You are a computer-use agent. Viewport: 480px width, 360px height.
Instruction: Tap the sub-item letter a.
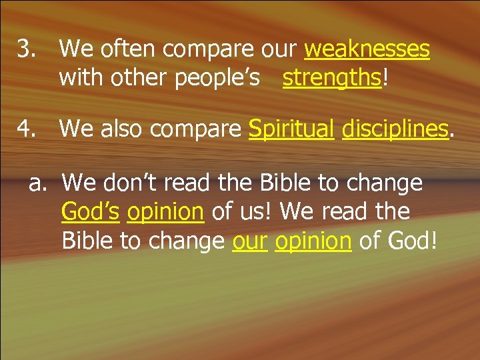[38, 182]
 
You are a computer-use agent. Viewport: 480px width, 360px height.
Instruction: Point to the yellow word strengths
[331, 78]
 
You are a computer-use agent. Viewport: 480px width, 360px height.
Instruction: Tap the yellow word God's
[90, 211]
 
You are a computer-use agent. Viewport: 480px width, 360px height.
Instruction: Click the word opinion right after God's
[165, 211]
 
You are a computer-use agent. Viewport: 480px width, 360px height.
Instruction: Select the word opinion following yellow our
[313, 241]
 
